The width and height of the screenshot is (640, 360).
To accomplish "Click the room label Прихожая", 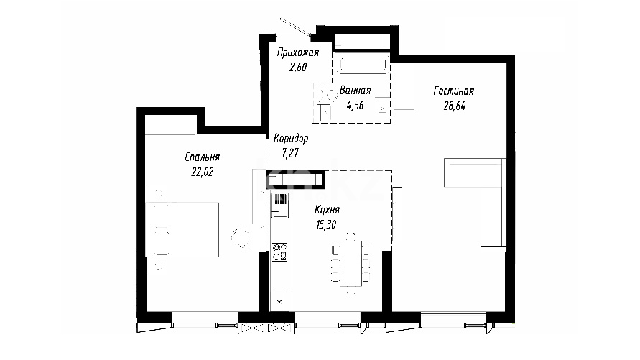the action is click(297, 52).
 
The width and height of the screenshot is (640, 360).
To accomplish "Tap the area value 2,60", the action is click(298, 67).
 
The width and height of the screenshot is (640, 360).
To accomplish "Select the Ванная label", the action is click(355, 91).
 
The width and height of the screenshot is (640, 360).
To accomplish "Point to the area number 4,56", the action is click(355, 106).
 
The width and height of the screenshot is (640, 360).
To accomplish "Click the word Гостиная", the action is click(453, 91).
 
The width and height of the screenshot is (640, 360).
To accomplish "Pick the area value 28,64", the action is click(455, 106).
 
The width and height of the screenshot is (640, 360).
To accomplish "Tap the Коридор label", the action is click(291, 139).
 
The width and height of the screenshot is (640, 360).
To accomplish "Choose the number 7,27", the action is click(290, 153).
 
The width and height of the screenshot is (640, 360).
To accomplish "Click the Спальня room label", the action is click(202, 157).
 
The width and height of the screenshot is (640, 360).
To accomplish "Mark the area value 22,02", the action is click(202, 172).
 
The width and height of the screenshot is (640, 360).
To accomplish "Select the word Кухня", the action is click(327, 209).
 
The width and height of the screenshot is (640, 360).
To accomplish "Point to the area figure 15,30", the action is click(326, 224).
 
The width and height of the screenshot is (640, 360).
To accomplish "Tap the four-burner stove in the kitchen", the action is click(279, 252).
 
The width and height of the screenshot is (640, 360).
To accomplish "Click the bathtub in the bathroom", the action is click(363, 64).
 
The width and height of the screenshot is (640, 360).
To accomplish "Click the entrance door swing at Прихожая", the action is click(295, 27).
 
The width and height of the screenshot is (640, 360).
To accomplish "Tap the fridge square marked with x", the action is click(279, 302).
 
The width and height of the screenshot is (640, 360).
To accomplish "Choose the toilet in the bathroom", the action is click(325, 94).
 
